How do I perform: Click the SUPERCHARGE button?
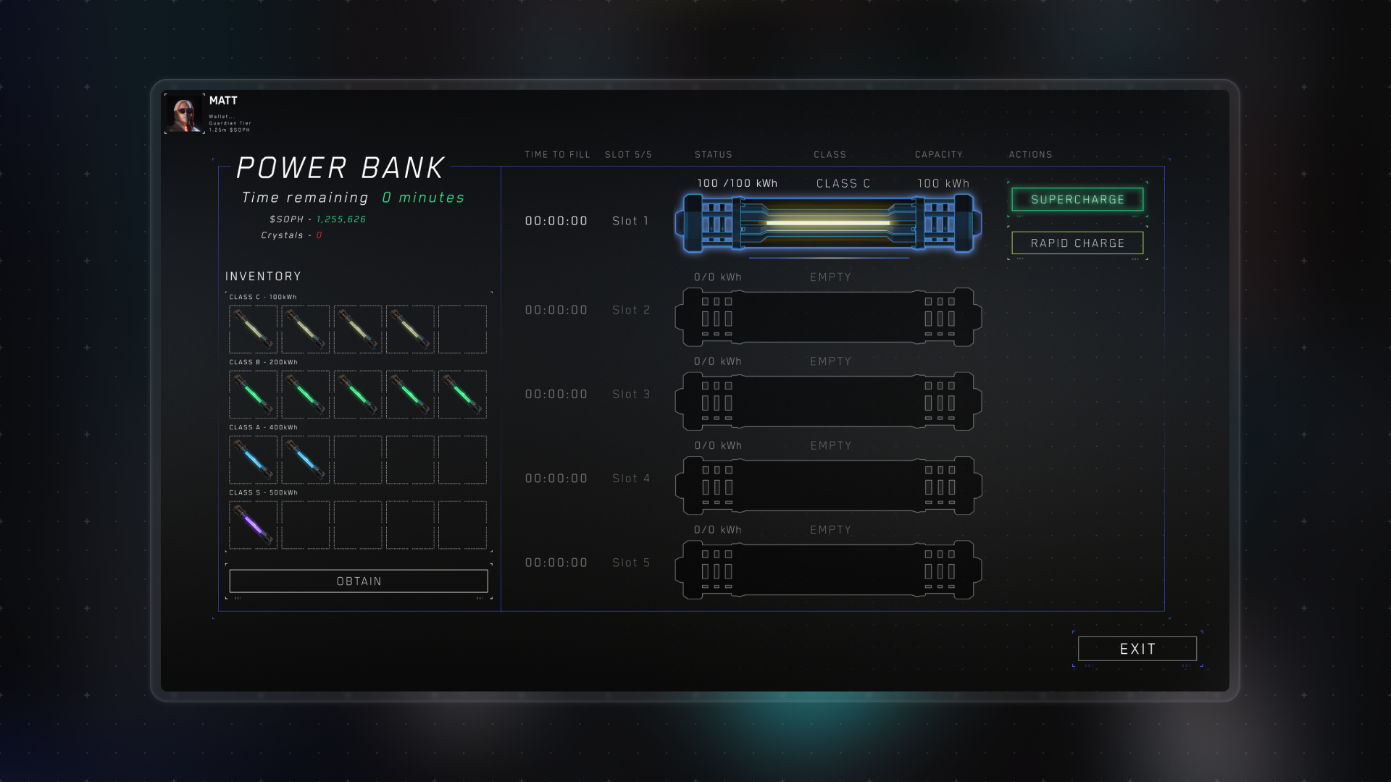tap(1077, 199)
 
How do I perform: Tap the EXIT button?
tap(1137, 649)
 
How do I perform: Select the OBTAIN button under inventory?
tap(359, 581)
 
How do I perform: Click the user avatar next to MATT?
tap(185, 114)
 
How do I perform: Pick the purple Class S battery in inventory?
tap(254, 525)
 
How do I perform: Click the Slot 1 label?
tap(630, 221)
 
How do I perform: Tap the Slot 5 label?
tap(630, 563)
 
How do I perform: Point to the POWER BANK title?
tap(340, 168)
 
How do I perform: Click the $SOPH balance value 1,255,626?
tap(341, 219)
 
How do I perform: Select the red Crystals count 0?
tap(319, 235)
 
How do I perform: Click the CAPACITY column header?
tap(938, 155)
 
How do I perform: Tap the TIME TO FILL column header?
tap(557, 155)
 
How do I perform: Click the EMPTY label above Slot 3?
tap(830, 361)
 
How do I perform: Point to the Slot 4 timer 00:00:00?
tap(556, 479)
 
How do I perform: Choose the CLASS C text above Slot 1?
tap(843, 184)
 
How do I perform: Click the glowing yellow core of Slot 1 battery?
tap(828, 222)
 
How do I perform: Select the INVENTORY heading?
tap(263, 277)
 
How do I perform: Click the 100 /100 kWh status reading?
tap(737, 184)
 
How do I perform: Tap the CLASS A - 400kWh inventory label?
tap(263, 427)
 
